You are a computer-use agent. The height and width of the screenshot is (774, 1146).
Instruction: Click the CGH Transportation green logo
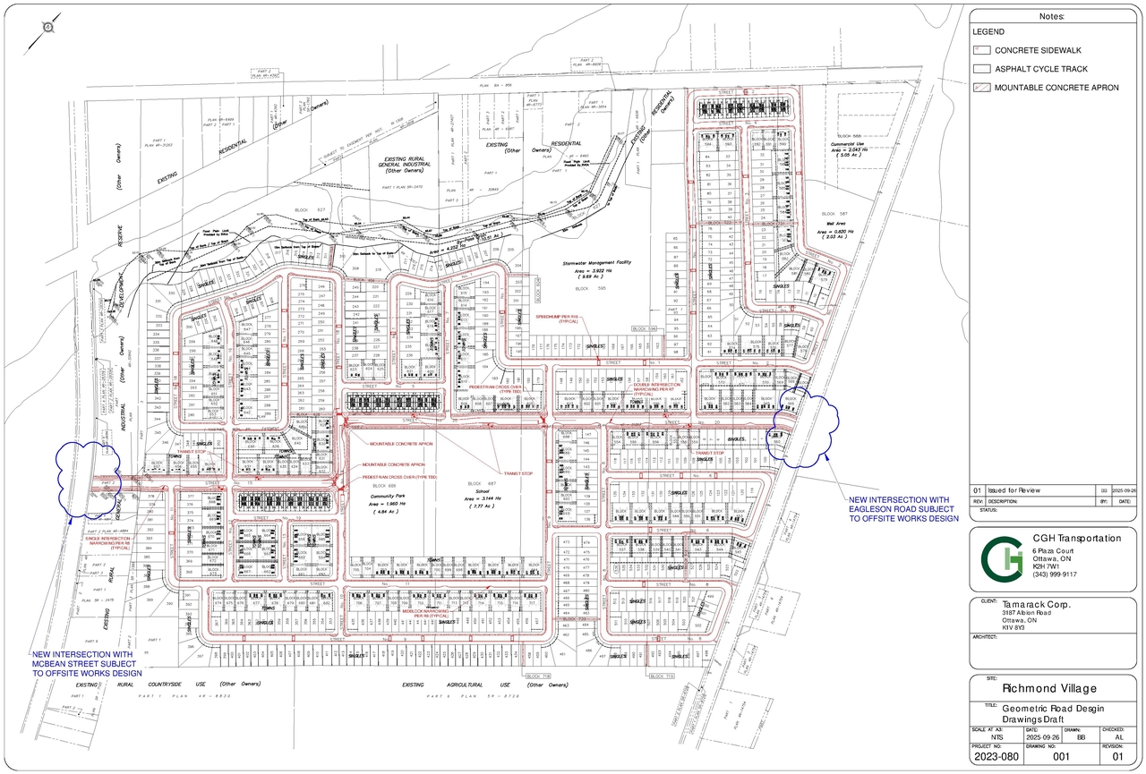point(1000,559)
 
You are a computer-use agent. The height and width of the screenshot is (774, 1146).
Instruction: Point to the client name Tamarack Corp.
point(1038,604)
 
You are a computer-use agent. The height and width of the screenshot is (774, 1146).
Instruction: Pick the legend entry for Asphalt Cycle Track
point(1041,68)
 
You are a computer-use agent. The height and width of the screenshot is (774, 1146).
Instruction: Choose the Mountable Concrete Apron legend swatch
point(981,87)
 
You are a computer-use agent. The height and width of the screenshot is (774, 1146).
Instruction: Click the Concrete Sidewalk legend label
point(1034,50)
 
